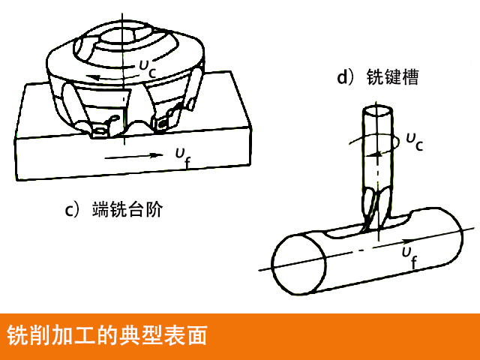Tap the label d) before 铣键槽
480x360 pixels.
click(x=346, y=77)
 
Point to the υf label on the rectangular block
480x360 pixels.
click(x=182, y=156)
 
